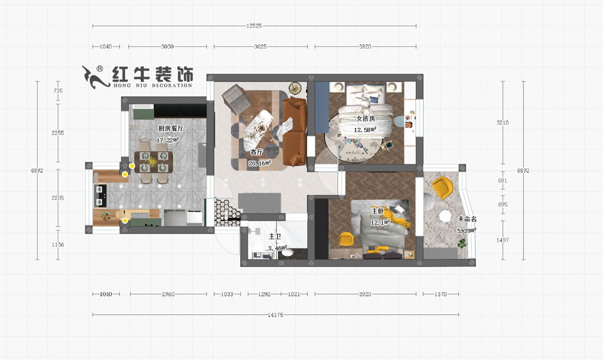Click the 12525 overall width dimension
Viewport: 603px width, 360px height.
coord(255,26)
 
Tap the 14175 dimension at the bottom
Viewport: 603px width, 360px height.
coord(276,315)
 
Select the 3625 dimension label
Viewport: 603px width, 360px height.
coord(260,47)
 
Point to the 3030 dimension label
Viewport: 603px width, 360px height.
coord(167,47)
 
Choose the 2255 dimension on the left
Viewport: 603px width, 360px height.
coord(58,133)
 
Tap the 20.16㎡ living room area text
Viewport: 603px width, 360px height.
coord(259,163)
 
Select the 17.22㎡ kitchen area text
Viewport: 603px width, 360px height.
coord(168,140)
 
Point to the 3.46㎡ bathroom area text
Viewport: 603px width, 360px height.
coord(277,248)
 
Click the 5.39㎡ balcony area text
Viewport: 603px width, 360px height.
coord(466,230)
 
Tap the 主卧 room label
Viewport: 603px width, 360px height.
coord(377,211)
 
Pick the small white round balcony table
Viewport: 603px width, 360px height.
coord(445,216)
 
